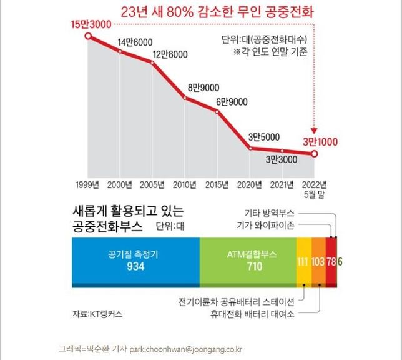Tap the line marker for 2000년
point(120,51)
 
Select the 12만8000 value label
point(170,54)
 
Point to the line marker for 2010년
point(185,97)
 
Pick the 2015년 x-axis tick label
point(217,185)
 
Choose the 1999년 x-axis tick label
point(88,185)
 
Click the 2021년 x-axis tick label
point(282,185)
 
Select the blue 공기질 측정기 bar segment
point(135,261)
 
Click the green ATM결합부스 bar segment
point(247,261)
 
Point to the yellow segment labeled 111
point(303,261)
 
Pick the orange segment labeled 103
point(318,261)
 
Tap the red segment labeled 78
point(331,261)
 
